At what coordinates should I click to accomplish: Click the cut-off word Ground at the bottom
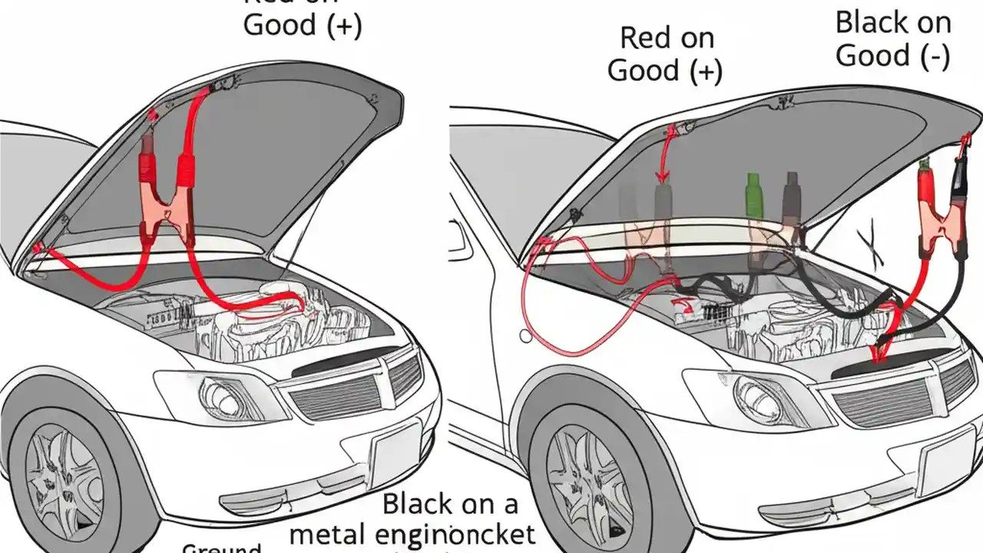222,548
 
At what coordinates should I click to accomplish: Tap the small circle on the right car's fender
525,336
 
